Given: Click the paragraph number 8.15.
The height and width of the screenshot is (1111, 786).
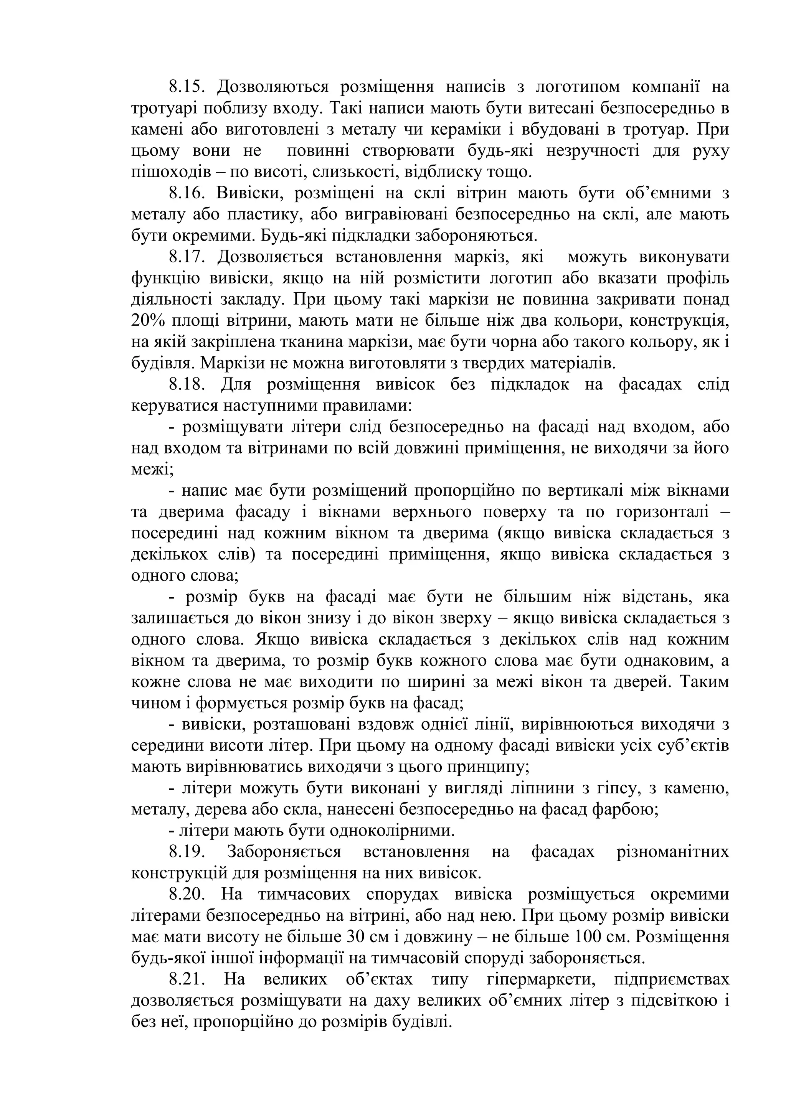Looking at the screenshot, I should click(187, 87).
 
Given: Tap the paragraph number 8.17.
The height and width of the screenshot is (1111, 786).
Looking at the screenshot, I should click(187, 257).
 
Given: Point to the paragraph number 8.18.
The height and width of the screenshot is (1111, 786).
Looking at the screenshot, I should click(187, 385).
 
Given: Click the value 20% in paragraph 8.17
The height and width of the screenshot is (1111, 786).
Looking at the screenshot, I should click(146, 321).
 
